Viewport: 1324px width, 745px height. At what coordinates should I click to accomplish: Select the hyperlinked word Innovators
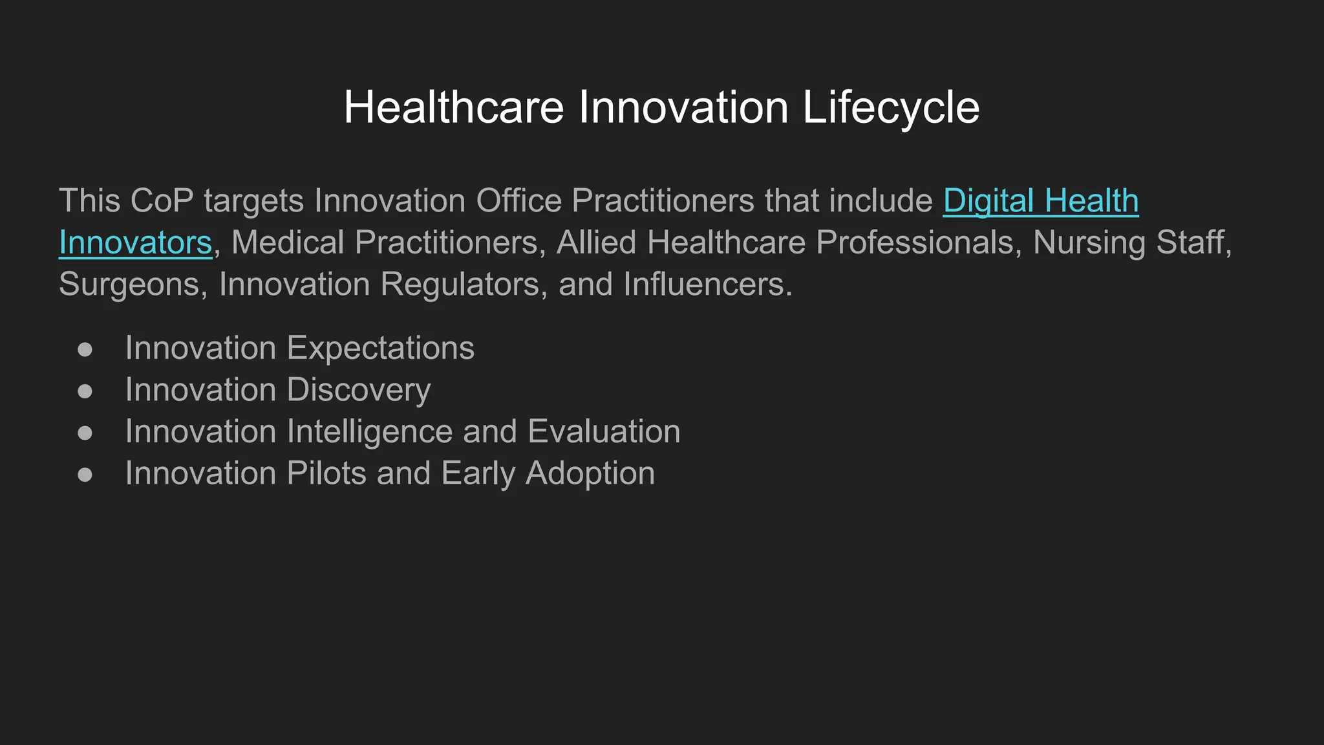coord(135,243)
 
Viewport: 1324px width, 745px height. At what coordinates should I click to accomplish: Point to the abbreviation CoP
coord(162,201)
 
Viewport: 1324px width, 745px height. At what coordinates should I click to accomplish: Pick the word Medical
coord(288,243)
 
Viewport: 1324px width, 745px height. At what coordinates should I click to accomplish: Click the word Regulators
coord(460,285)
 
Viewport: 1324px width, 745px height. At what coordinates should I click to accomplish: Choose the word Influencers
coord(707,285)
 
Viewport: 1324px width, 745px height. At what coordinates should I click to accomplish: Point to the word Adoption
coord(590,473)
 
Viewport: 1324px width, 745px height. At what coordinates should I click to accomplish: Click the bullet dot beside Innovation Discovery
coord(85,391)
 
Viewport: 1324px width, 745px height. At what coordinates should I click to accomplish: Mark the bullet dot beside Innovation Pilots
coord(85,475)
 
